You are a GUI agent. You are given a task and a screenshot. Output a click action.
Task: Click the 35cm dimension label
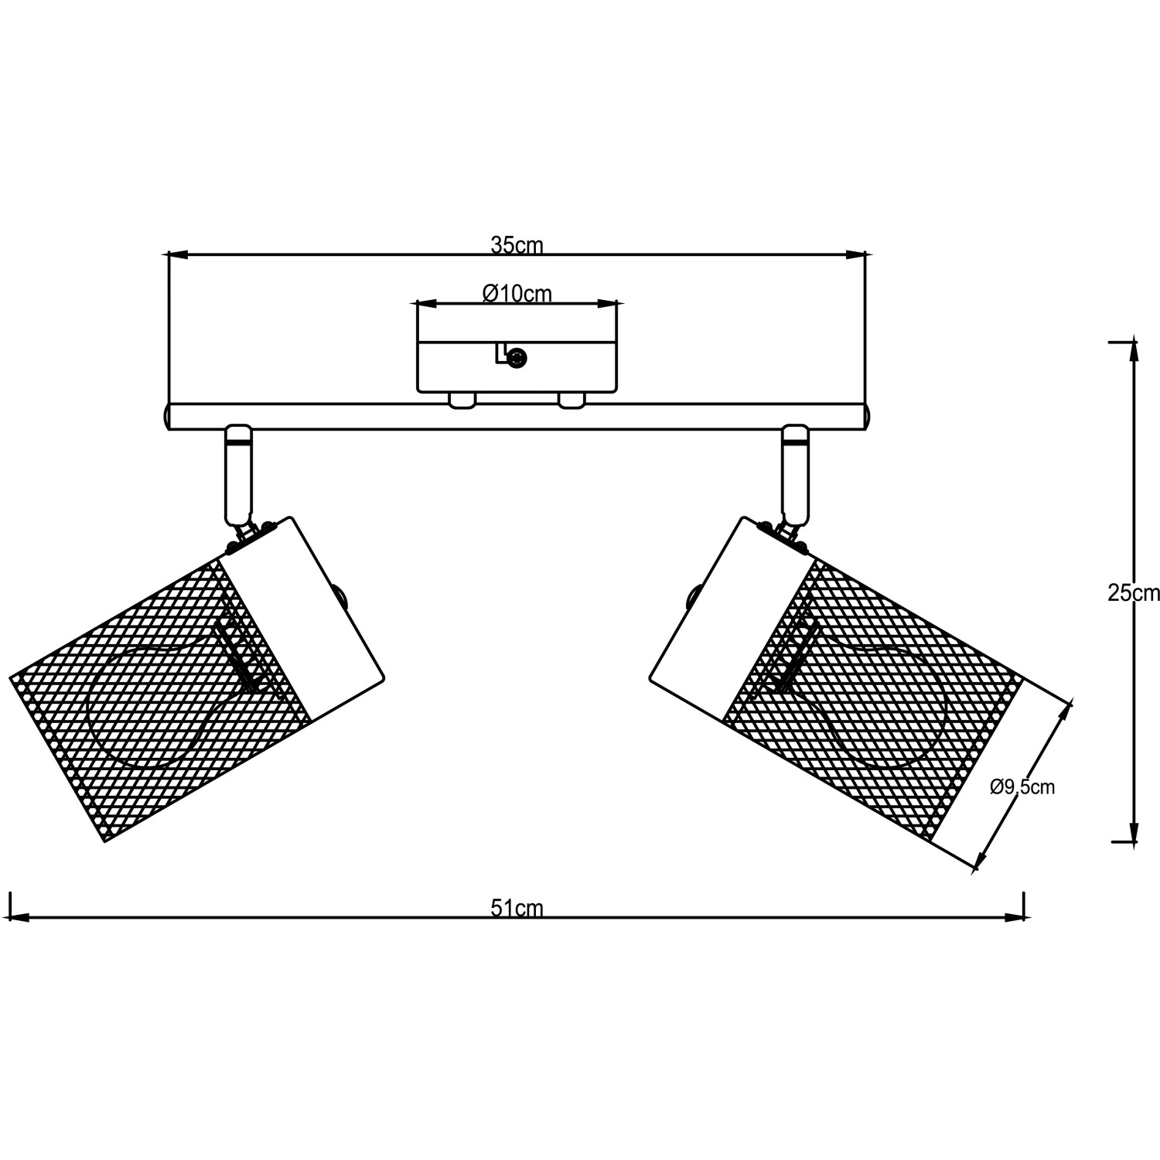(x=517, y=245)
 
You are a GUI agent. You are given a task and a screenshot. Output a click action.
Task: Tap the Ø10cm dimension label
(x=517, y=294)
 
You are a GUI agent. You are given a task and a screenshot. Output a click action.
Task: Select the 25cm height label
(x=1134, y=593)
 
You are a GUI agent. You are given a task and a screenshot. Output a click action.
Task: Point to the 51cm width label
(x=517, y=908)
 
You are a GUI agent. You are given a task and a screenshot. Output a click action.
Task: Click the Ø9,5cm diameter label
(x=1022, y=787)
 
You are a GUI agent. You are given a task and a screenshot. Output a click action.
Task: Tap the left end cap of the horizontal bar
(x=165, y=416)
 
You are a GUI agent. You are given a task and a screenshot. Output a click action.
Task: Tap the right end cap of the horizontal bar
(x=868, y=416)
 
